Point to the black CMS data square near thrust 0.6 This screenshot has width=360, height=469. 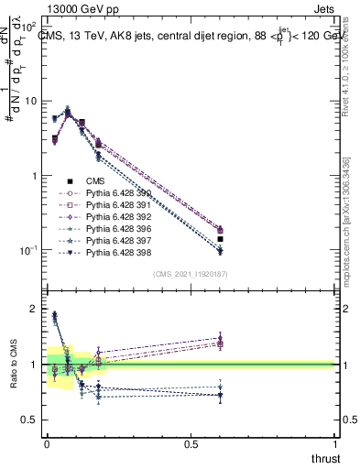click(x=220, y=239)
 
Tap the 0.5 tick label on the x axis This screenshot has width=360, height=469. click(x=191, y=443)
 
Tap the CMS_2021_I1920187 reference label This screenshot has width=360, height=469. click(x=190, y=274)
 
